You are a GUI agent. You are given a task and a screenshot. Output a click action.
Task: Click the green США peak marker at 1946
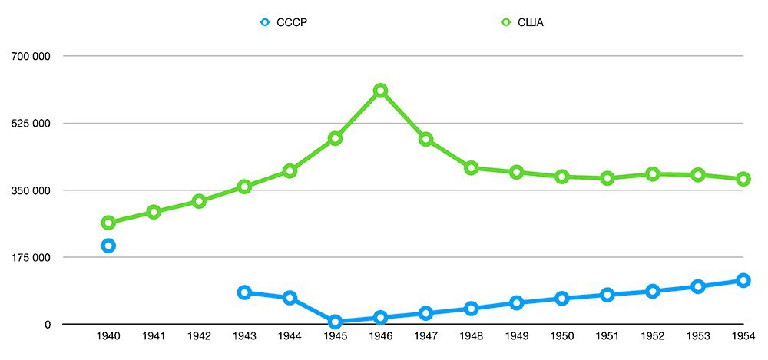click(380, 91)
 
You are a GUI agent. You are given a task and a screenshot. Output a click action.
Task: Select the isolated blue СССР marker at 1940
click(108, 246)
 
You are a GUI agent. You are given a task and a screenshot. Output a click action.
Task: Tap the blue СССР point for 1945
click(335, 322)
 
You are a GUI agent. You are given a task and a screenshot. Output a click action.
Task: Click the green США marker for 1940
click(108, 223)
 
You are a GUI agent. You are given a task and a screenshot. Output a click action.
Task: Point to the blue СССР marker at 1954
click(743, 280)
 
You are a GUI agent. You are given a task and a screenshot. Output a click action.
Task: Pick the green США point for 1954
click(743, 179)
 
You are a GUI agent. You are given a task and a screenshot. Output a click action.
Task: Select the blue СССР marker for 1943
click(244, 292)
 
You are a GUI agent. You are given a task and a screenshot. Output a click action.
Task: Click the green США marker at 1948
click(471, 168)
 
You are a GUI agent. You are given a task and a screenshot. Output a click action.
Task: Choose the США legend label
click(531, 22)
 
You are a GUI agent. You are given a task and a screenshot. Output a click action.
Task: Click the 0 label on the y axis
click(47, 325)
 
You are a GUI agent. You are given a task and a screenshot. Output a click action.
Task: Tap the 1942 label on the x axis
click(199, 336)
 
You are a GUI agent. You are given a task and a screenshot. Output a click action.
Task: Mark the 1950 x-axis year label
click(561, 336)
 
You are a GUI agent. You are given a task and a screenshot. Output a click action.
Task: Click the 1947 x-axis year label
click(425, 336)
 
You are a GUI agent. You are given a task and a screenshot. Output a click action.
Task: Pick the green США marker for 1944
click(290, 170)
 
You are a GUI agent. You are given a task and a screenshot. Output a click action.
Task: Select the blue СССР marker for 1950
click(561, 298)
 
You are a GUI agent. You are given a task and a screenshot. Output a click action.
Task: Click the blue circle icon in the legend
click(265, 22)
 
